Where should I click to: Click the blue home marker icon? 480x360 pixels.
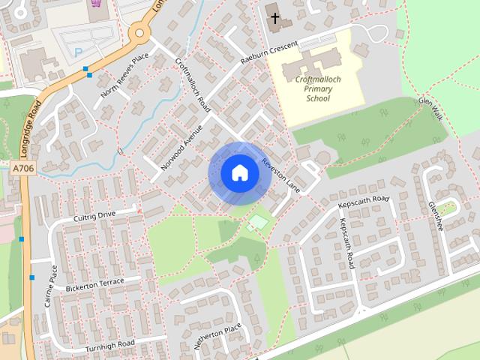pos(239,172)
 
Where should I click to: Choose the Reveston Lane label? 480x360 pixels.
pos(280,175)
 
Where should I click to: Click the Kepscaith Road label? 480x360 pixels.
pos(364,201)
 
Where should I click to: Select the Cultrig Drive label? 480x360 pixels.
pos(94,216)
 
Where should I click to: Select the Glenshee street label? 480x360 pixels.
pos(435,215)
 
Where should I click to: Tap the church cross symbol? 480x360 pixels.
pos(274,17)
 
